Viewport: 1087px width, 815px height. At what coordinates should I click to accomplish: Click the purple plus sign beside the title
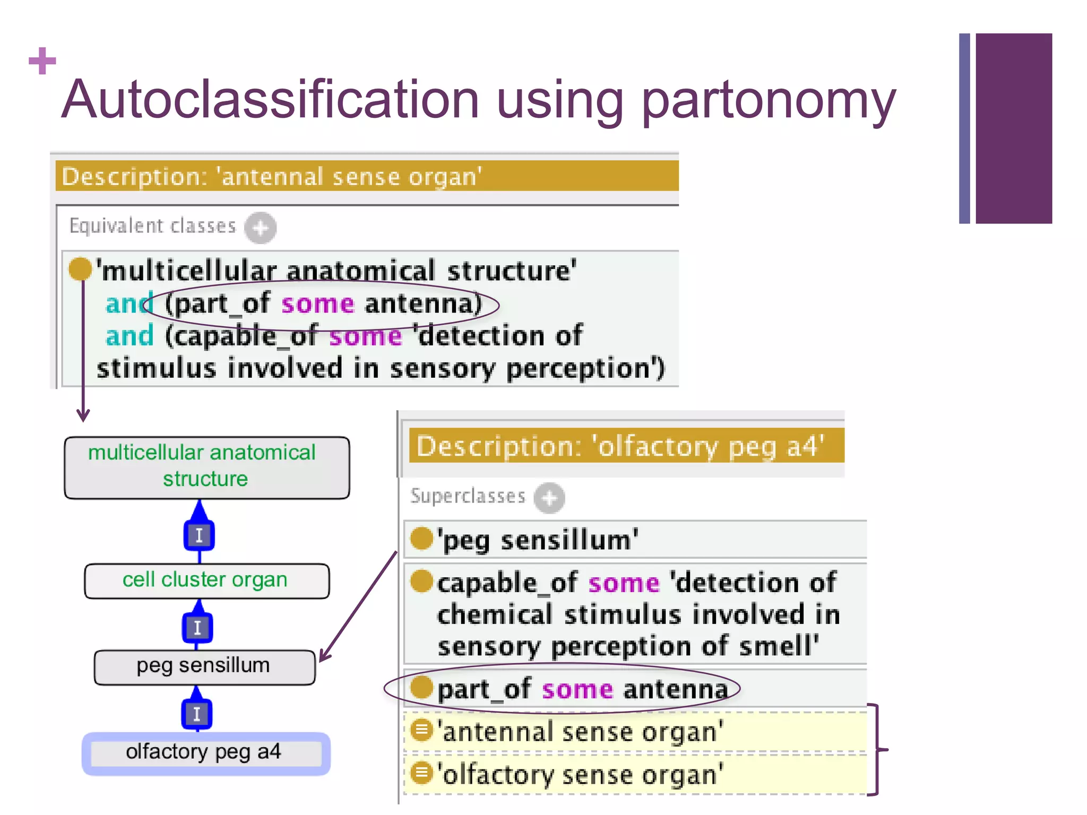(x=42, y=60)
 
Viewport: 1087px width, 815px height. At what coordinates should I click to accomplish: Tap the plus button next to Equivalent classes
(x=260, y=228)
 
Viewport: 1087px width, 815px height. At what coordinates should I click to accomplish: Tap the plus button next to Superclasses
(x=549, y=498)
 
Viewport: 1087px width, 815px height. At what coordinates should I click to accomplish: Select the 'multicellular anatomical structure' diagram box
(x=206, y=467)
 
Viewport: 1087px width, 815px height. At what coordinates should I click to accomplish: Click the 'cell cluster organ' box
(x=206, y=580)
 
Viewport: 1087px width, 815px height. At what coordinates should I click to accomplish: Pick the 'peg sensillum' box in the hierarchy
(x=204, y=666)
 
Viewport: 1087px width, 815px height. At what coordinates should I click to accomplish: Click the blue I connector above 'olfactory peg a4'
(x=197, y=714)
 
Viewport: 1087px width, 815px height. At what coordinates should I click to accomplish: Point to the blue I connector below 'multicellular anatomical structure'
(x=199, y=535)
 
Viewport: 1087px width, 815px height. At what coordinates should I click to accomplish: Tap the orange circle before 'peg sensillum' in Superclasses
(x=422, y=539)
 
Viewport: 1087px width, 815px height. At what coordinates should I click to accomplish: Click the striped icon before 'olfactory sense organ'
(x=422, y=773)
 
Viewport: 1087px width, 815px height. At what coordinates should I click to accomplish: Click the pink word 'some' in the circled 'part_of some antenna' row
(x=577, y=690)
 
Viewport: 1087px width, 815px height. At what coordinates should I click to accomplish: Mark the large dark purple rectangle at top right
(x=1013, y=128)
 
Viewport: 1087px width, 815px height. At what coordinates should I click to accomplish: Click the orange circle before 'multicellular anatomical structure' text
(x=80, y=268)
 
